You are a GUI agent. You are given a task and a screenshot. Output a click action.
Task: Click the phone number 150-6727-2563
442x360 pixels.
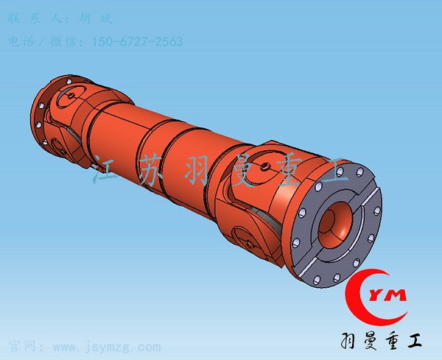pos(136,42)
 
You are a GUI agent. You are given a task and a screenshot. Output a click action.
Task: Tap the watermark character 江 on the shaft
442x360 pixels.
pos(107,172)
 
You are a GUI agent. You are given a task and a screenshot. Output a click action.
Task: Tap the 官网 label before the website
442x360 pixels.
pos(20,347)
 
